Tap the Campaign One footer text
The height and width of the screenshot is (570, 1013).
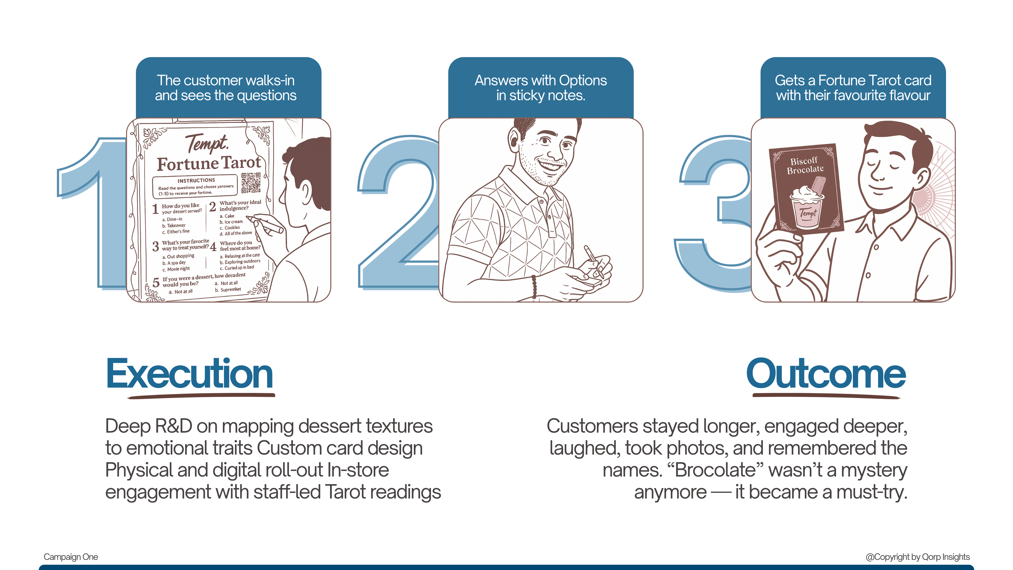[71, 556]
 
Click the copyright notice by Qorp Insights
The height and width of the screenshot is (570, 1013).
[917, 556]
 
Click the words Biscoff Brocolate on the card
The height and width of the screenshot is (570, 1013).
[804, 166]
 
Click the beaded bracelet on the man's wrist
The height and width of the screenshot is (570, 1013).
[534, 286]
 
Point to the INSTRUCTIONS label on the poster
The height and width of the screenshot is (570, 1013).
[196, 180]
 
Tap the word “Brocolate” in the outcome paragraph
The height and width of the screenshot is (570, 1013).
[715, 470]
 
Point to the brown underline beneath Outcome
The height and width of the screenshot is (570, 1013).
[826, 397]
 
